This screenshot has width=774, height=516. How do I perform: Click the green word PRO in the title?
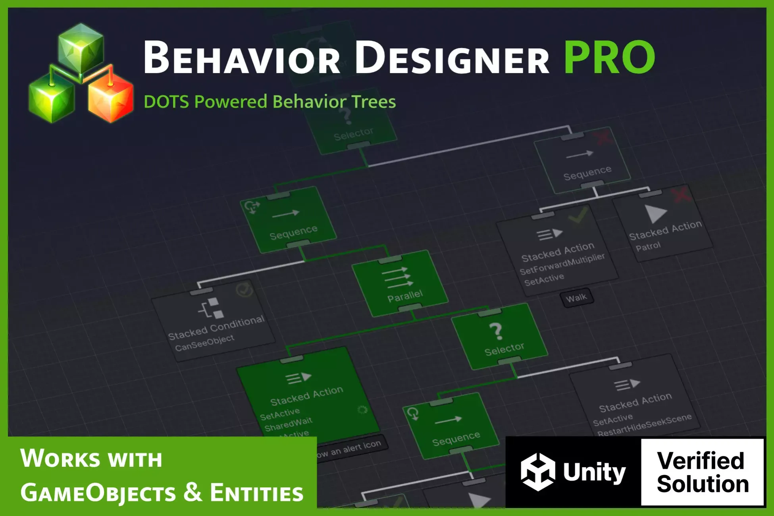609,58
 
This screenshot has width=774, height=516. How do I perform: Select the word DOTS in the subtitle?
166,102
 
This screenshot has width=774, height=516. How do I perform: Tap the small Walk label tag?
576,298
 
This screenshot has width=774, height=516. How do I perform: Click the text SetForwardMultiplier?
562,264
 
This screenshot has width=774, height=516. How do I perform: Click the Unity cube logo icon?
538,472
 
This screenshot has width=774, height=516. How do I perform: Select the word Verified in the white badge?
700,460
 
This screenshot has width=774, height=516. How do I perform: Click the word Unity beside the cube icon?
594,472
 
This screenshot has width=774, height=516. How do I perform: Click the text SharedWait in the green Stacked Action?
288,424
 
